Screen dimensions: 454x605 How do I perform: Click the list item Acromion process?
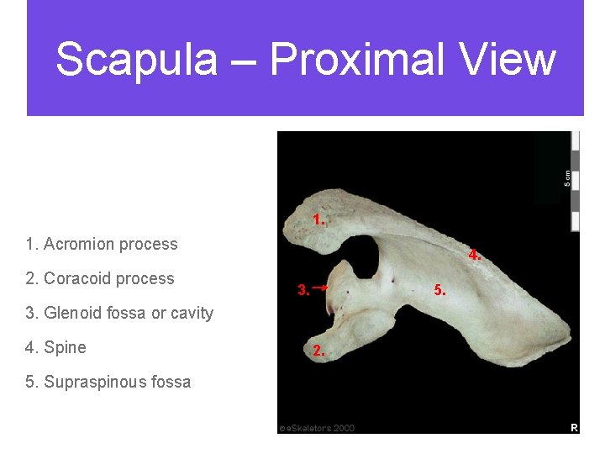(102, 244)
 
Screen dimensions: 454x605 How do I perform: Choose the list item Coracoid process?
(100, 278)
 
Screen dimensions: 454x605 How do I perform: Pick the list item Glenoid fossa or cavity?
(119, 313)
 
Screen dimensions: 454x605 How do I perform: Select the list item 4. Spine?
(56, 347)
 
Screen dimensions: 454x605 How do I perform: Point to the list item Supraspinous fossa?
(108, 382)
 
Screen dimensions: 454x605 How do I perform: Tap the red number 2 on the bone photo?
(318, 351)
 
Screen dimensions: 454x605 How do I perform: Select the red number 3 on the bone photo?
(303, 291)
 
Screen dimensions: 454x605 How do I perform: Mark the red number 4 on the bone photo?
(475, 255)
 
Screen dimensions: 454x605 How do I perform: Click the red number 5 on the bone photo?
(439, 291)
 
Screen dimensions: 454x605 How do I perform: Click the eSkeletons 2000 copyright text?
(318, 428)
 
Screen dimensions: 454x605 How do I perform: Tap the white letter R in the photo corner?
(574, 428)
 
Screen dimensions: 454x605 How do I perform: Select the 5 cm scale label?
(567, 177)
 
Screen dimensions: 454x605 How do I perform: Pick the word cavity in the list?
(192, 313)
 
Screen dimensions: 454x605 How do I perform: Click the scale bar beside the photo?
(576, 181)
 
